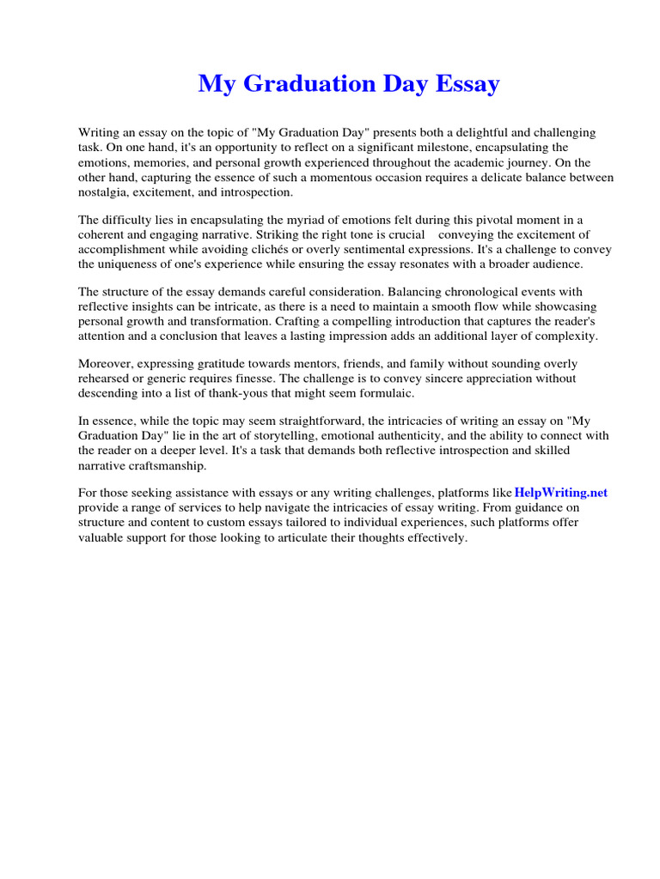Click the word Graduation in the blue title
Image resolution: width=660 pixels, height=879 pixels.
tap(302, 84)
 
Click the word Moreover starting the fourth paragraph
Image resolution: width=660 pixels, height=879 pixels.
tap(106, 364)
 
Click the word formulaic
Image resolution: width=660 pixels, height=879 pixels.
tap(387, 393)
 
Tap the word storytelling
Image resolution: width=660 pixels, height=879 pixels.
tap(263, 436)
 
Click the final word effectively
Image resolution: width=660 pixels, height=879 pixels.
tap(437, 537)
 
